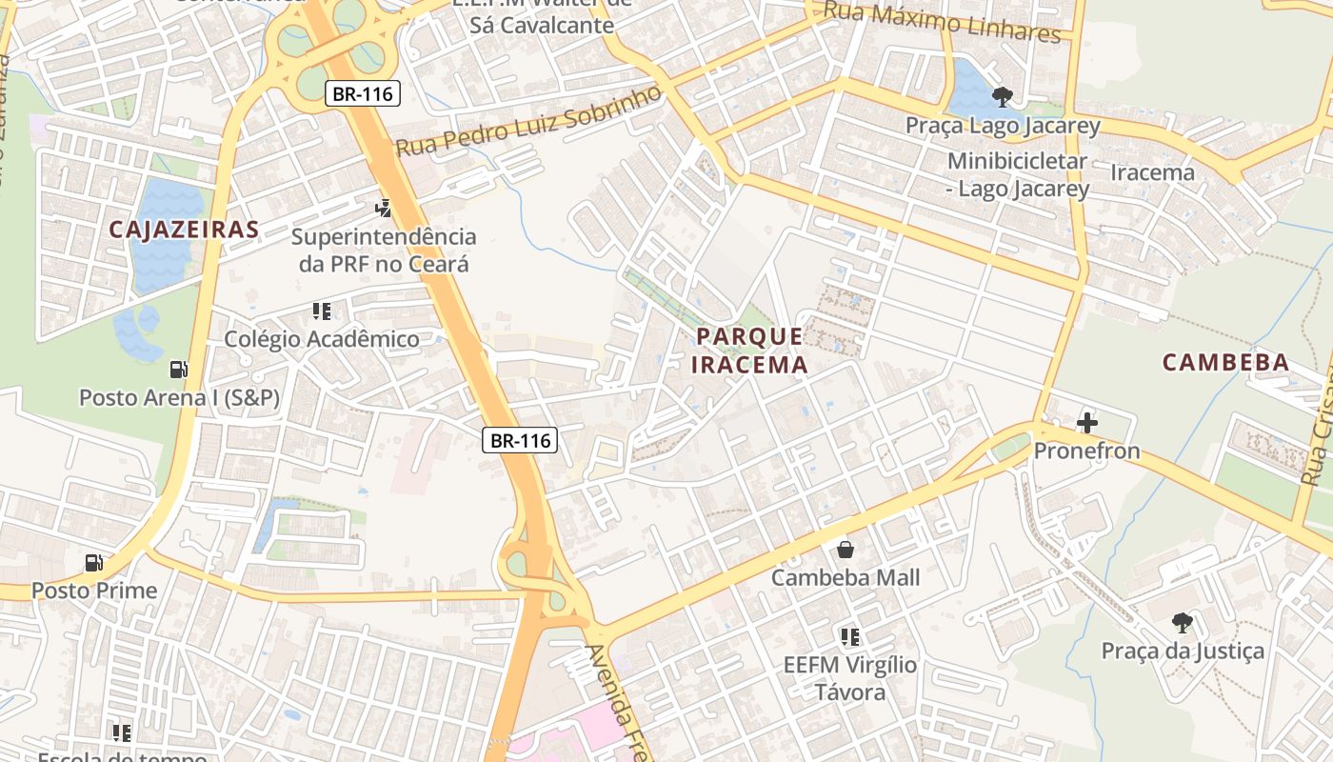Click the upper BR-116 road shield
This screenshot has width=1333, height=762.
363,93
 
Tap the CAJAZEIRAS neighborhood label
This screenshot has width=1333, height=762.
184,229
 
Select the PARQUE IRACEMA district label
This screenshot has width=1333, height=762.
749,350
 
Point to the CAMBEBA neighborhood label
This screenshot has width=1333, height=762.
1226,362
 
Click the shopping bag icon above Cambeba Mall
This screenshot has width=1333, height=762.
845,550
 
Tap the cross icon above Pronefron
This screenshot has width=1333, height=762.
1086,422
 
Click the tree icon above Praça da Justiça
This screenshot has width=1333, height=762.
1182,623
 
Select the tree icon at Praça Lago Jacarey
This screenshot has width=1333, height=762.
1002,96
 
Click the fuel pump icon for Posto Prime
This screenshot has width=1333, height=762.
93,563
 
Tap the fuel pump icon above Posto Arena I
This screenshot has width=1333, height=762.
178,369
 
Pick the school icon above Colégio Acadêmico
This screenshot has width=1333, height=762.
321,311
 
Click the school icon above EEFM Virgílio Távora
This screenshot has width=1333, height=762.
849,636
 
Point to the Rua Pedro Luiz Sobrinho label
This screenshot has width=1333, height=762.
528,122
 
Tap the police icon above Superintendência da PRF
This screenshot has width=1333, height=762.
383,207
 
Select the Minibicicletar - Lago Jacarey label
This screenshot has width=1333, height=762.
1017,175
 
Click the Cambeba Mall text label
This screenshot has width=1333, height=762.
846,577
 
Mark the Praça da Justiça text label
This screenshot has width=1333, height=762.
1183,651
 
